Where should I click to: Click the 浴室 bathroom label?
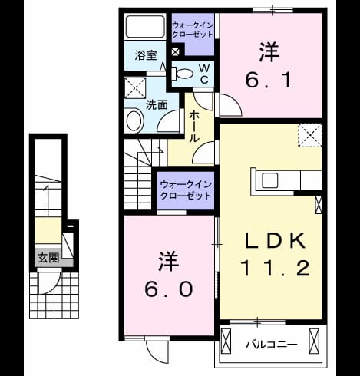[146, 55]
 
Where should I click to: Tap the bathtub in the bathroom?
[145, 27]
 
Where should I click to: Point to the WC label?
[204, 74]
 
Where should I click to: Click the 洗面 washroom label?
[157, 105]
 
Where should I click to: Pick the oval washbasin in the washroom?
[134, 120]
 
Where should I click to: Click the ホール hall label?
[193, 127]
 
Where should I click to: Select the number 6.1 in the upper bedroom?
[269, 80]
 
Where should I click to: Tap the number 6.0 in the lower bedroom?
[168, 289]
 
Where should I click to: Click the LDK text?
[276, 241]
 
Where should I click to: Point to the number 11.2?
[275, 268]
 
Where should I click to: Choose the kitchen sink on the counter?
[269, 180]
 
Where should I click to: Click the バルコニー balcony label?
[272, 345]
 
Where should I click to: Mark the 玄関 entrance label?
[48, 258]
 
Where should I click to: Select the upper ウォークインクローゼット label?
[193, 30]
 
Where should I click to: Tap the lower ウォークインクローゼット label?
[186, 190]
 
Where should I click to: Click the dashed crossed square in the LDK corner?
[310, 135]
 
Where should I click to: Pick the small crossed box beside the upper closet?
[175, 52]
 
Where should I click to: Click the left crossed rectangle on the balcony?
[226, 341]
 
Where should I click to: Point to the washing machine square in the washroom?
[135, 87]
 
